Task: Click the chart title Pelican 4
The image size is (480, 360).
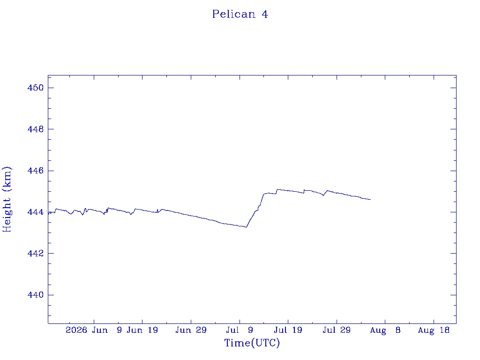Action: [240, 14]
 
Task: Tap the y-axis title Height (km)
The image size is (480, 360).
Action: [7, 199]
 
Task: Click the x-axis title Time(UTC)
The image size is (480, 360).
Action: [252, 343]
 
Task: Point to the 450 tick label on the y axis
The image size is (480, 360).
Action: [36, 88]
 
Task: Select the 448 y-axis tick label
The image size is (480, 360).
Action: [36, 129]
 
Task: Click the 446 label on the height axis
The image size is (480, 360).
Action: [36, 171]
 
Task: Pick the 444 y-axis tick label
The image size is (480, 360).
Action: [36, 212]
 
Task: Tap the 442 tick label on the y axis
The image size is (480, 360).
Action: [36, 254]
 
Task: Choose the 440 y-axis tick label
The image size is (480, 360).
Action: [36, 295]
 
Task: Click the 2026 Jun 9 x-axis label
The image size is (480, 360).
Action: [94, 330]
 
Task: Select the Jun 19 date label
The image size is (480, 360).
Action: [142, 330]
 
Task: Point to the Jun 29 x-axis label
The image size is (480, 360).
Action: [191, 330]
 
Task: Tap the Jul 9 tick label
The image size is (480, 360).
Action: [240, 330]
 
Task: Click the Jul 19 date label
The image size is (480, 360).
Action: [288, 330]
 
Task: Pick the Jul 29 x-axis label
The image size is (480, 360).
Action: [337, 330]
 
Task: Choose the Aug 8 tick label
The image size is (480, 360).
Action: [385, 330]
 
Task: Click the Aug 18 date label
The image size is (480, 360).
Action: [434, 330]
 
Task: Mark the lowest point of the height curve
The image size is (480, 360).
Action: [246, 227]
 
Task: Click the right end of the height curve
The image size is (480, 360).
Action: [371, 200]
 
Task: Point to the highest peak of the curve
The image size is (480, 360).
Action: [277, 189]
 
